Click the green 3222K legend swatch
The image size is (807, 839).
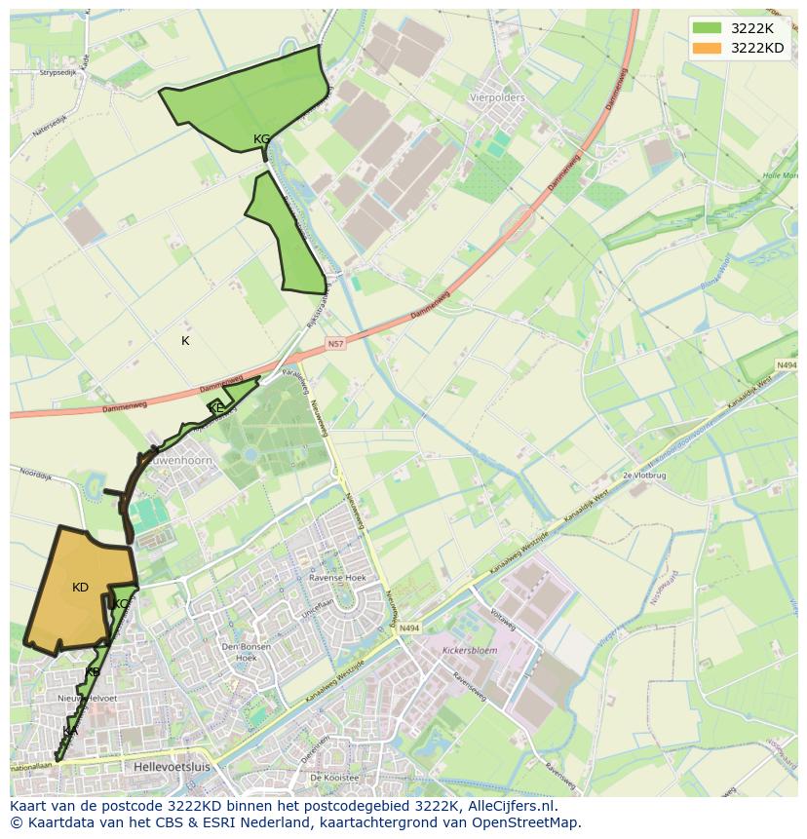click(x=708, y=27)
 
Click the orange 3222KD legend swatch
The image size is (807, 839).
click(x=708, y=48)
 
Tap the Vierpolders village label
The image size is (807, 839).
click(x=497, y=97)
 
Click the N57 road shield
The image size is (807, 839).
click(x=336, y=344)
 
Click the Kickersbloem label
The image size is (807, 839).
click(x=470, y=648)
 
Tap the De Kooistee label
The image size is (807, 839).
click(x=334, y=778)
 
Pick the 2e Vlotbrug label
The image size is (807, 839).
click(x=642, y=475)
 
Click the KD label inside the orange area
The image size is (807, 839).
click(x=80, y=588)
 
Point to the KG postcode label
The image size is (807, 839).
click(x=261, y=139)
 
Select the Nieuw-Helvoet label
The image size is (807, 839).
click(x=87, y=699)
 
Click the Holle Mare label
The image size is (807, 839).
click(x=780, y=175)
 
